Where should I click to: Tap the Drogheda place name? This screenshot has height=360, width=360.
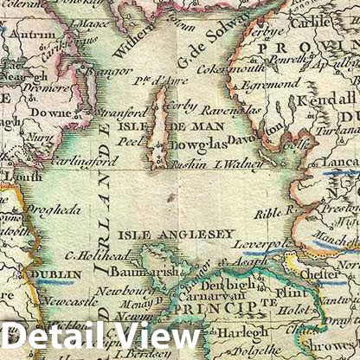point(54,209)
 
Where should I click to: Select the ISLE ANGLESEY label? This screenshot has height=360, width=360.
point(176,235)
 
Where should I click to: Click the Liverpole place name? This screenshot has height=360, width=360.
point(265,245)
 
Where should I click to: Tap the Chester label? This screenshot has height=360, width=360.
point(323,273)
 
